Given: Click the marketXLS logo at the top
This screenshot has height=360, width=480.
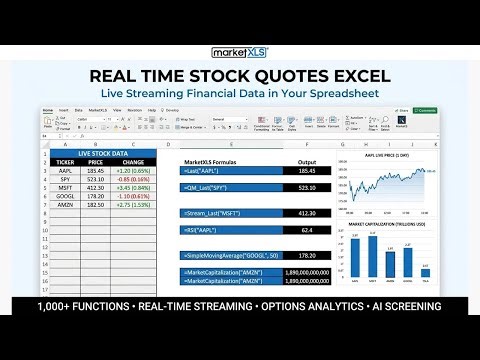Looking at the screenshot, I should point(239,53).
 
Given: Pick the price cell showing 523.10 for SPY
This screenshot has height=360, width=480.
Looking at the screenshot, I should point(96,179).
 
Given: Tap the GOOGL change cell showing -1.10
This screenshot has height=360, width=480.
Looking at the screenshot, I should point(133,197).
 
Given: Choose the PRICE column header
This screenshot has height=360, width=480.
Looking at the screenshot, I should point(96,161).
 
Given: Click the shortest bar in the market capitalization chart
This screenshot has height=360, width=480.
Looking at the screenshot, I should point(425,271).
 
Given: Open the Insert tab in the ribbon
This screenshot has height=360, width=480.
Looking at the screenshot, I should point(64,109).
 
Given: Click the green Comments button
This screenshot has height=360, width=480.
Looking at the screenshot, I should point(426,110).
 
